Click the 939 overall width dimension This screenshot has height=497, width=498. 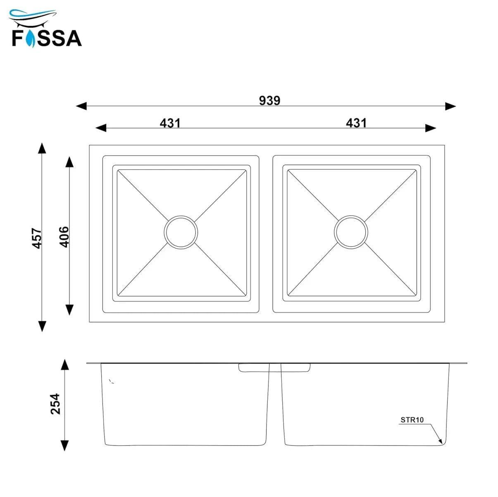269,101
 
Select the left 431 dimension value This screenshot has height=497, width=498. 170,123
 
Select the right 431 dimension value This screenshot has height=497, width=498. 356,123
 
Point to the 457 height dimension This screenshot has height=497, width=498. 37,238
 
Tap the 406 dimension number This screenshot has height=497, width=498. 64,237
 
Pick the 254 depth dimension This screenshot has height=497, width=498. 55,403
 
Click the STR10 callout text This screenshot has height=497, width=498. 412,420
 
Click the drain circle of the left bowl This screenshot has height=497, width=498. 181,232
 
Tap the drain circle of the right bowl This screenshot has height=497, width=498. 351,232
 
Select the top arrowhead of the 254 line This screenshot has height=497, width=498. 64,364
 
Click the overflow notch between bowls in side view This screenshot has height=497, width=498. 274,367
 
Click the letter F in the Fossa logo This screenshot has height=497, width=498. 17,38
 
